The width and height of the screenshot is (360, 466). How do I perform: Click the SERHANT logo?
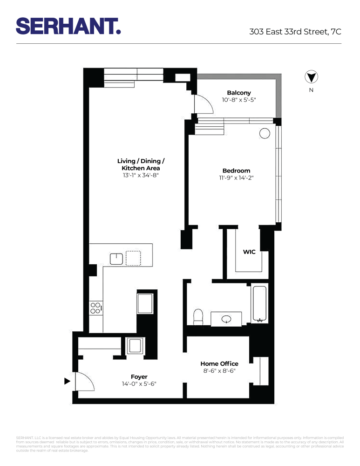coord(68,26)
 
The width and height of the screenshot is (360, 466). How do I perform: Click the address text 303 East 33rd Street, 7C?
coord(295,32)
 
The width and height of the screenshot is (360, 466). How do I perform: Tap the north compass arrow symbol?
coord(311,77)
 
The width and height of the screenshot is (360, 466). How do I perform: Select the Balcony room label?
coord(239,93)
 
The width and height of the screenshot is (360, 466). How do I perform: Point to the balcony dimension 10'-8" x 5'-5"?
coord(239,100)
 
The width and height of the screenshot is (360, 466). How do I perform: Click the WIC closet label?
coord(249,252)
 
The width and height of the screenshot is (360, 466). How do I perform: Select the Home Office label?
coord(219,363)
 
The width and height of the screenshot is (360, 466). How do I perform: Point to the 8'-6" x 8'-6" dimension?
coord(219,371)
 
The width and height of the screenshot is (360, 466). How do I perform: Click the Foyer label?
coord(139,377)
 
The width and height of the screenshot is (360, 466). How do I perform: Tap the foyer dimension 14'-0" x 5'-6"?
coord(139,384)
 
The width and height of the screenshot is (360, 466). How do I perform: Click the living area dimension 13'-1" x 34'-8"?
coord(141,176)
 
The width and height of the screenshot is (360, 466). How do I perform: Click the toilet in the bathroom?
coord(197,317)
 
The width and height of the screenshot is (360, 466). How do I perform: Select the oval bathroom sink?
coord(227,319)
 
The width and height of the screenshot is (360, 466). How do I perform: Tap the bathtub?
coord(259,304)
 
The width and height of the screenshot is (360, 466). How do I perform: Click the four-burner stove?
coord(95,308)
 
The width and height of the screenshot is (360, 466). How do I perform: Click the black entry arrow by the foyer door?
coord(67,381)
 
